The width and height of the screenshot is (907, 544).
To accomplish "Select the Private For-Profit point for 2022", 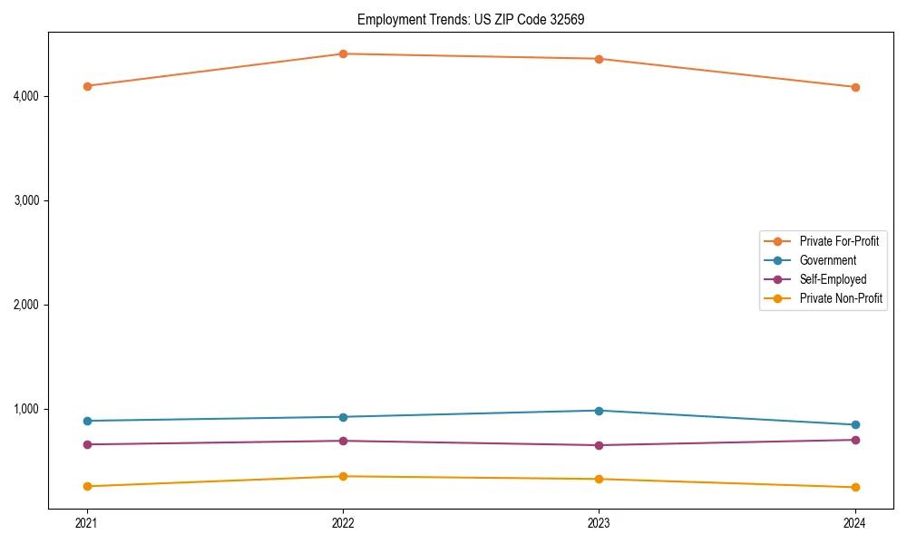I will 343,53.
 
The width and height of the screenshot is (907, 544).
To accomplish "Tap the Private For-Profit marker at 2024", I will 855,87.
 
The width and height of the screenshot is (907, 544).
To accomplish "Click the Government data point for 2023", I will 599,411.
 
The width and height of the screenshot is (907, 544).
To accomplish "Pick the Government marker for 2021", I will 87,421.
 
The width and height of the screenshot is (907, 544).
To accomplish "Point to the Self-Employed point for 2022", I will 343,441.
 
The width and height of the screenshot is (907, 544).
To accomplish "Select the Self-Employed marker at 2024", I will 855,440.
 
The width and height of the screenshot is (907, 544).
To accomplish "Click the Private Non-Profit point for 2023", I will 599,479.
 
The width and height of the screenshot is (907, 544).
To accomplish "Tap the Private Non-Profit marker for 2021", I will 87,486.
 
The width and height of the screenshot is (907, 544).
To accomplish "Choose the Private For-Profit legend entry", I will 839,241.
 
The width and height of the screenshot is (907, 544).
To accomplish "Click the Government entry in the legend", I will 827,260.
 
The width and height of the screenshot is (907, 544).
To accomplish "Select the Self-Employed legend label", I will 833,279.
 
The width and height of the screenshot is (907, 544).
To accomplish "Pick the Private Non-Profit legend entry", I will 841,298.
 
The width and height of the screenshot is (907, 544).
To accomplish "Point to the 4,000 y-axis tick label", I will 27,96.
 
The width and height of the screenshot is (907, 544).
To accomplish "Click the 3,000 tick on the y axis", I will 27,200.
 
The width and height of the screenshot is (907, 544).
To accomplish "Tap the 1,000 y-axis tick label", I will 27,409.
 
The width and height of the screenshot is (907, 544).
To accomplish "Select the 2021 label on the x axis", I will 87,523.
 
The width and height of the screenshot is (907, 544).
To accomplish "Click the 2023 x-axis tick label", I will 599,523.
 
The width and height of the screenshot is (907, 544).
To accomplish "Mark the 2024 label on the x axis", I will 855,523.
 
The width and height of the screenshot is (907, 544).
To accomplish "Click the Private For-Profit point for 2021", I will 87,86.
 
